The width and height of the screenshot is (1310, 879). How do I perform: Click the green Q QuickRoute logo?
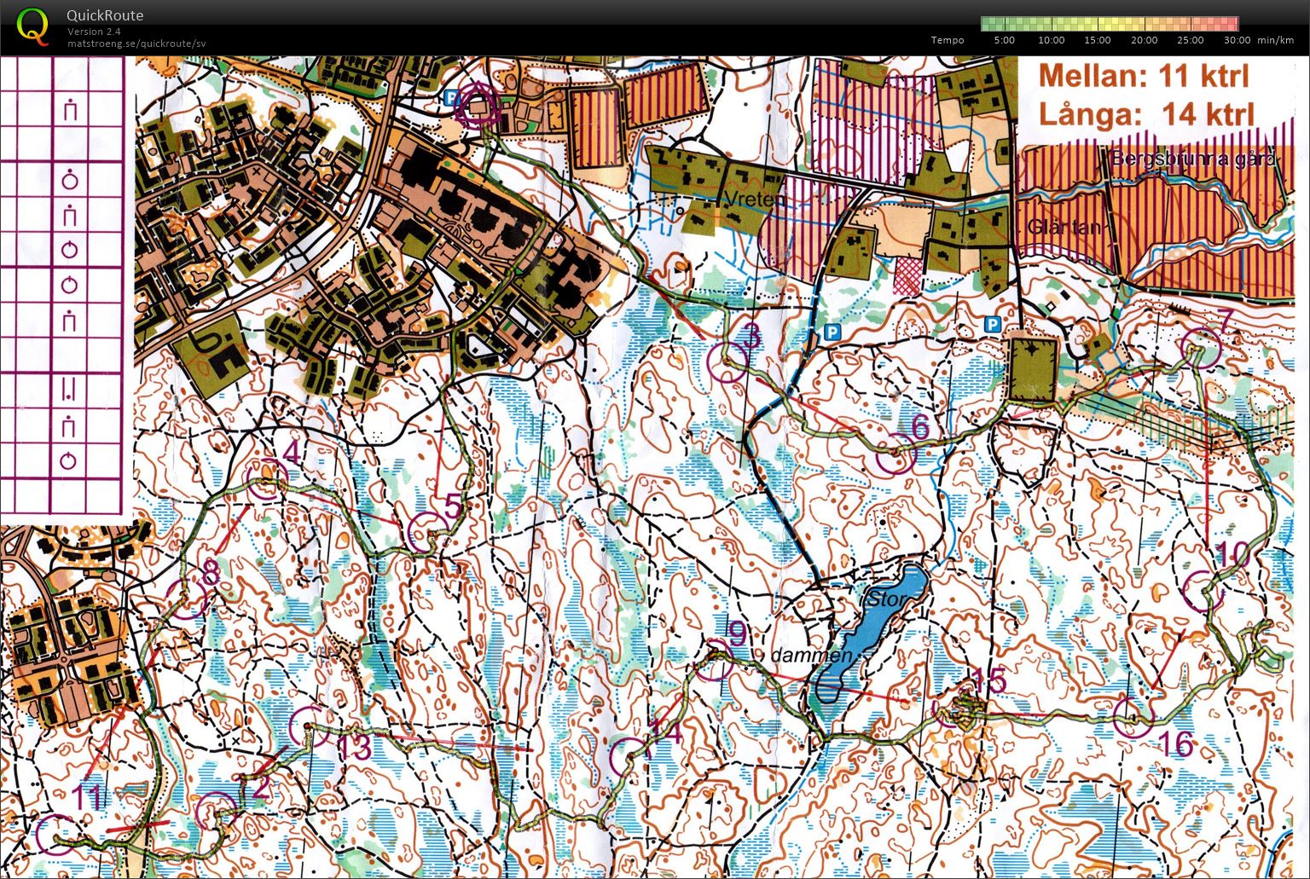pos(32,26)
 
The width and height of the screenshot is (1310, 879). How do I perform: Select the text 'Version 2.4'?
pos(94,32)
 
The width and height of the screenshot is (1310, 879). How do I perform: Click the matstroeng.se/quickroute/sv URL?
pos(136,43)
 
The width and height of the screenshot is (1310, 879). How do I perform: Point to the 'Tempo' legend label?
pos(948,40)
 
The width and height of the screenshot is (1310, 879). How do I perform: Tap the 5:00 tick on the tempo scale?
pos(1005,40)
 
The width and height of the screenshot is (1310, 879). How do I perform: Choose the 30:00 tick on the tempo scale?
pos(1237,40)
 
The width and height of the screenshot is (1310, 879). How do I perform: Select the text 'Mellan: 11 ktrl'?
pos(1144,76)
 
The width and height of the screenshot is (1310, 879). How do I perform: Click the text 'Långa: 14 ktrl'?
pos(1146,113)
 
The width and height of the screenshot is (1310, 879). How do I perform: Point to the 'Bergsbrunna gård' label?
pos(1192,159)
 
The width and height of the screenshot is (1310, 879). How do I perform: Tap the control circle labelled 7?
pos(1202,348)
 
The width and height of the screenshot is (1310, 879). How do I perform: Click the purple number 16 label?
pos(1177,744)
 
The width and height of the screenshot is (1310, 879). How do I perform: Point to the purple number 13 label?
pos(354,748)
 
